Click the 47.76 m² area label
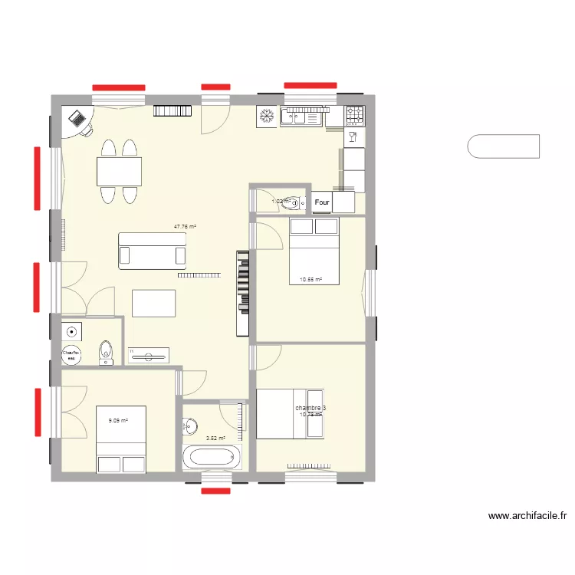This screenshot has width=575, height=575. click(185, 227)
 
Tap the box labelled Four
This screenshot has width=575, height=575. click(322, 202)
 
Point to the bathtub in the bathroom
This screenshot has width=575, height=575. click(210, 458)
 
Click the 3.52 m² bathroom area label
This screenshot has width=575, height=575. click(215, 439)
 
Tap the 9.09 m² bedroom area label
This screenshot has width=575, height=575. click(117, 420)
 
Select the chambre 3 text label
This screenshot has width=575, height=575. click(311, 408)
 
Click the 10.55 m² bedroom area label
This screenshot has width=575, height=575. click(310, 280)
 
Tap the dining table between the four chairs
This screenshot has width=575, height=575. click(119, 171)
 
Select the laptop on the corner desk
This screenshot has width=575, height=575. click(77, 118)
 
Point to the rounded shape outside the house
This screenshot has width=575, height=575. click(503, 146)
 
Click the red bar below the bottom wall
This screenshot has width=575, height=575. click(215, 490)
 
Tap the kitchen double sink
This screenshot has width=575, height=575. click(303, 116)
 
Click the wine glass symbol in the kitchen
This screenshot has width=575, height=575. click(353, 136)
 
